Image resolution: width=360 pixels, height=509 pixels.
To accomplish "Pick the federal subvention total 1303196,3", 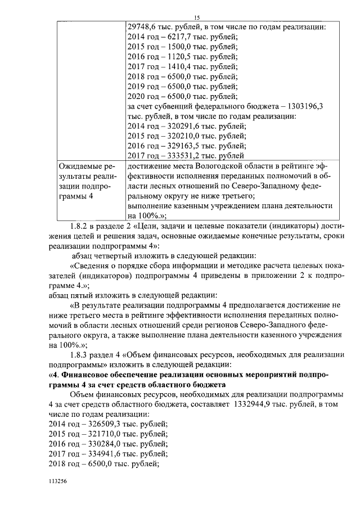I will click(x=307, y=106).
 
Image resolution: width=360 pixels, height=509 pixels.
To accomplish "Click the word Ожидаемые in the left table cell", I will click(x=82, y=166).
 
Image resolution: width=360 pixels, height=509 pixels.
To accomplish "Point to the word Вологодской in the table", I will click(x=220, y=166).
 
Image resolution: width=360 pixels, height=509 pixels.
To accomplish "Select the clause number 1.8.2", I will click(x=82, y=226).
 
